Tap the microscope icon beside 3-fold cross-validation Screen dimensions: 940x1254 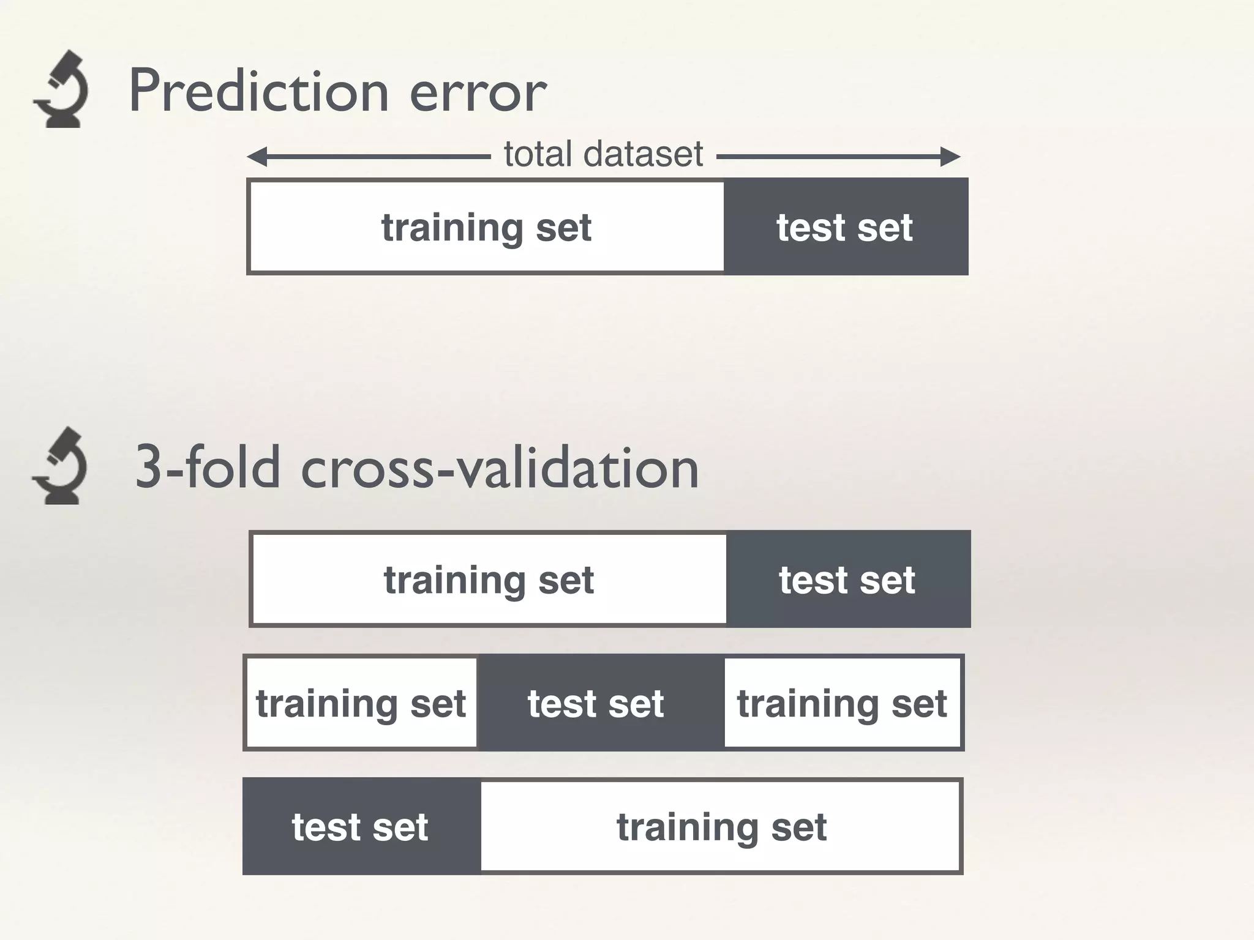pos(59,466)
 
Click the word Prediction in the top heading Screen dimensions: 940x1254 pos(259,91)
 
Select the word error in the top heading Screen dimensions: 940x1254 pos(478,93)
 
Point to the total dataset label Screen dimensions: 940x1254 pos(603,154)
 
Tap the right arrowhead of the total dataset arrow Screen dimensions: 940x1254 pos(950,157)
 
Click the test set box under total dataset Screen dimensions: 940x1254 pos(845,227)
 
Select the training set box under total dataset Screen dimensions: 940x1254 pos(487,227)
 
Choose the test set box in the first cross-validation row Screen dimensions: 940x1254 pos(847,580)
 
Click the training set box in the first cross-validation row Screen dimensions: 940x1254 pos(489,580)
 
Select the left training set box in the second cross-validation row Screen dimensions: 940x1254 pos(361,703)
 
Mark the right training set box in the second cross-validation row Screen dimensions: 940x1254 pos(842,703)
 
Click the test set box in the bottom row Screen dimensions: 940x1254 pos(360,827)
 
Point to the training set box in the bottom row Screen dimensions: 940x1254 pos(721,827)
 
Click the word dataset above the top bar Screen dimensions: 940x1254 pos(643,154)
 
